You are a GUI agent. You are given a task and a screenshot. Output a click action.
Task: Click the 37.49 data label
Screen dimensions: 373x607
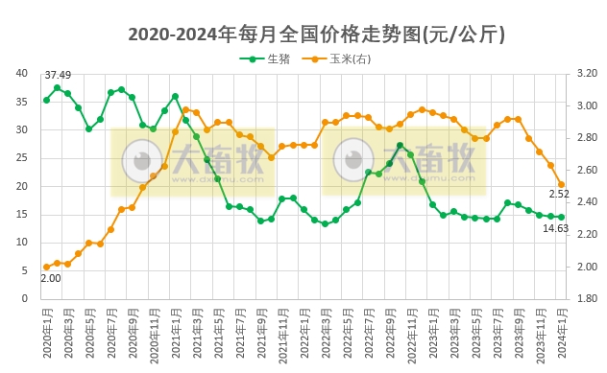(58, 76)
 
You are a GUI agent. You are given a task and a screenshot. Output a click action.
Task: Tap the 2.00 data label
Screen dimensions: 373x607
(50, 278)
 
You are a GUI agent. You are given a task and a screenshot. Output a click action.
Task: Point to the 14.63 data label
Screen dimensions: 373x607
(555, 228)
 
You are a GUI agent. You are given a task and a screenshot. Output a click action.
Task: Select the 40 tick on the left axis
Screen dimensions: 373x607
(22, 73)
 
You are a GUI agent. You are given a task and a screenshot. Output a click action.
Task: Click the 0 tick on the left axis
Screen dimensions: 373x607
(25, 298)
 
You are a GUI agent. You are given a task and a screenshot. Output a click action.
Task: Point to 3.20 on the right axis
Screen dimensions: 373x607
(588, 73)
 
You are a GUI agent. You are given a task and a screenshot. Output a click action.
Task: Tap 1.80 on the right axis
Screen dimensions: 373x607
(588, 298)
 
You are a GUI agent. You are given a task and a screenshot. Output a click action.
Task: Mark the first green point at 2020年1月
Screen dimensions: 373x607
(46, 100)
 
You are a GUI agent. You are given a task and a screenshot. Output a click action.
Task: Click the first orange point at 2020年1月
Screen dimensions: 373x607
(46, 267)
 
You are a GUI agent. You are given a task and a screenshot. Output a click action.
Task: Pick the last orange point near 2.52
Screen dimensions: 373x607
(562, 184)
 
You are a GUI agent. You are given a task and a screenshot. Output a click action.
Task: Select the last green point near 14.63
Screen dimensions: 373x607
(562, 217)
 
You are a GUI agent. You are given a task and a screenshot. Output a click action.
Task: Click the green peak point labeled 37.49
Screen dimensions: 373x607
(57, 87)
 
